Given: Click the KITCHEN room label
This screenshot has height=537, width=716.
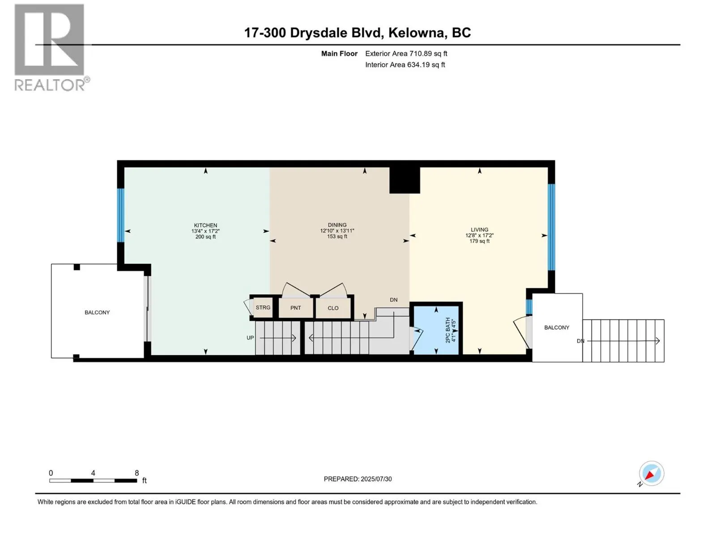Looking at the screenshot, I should coord(205,226).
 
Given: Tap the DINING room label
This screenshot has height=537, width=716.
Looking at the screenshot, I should coord(337,225).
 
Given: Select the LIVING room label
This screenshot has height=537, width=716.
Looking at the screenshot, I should coord(479,230).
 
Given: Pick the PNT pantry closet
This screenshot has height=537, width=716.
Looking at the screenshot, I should coord(295,308).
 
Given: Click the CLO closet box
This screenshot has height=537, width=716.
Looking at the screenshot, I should coord(333,308).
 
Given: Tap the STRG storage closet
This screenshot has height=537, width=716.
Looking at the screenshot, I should coord(263,307).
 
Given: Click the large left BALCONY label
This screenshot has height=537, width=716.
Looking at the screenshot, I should coord(97,312).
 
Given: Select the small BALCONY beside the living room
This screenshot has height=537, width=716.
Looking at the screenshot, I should coord(557,328).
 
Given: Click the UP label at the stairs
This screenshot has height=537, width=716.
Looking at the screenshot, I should coord(250,338).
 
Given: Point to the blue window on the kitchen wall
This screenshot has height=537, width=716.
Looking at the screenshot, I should coord(120,215).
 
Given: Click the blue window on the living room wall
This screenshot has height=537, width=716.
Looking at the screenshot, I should coord(551,227).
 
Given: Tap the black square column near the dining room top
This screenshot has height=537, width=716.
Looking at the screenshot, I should coord(405,180).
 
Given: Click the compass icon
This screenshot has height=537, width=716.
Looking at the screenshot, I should coord(651,473).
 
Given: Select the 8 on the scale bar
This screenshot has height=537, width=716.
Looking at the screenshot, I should coord(137,473).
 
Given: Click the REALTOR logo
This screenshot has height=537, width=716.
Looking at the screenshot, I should coord(50,47).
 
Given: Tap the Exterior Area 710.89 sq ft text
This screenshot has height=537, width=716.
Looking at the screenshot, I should coord(406,54).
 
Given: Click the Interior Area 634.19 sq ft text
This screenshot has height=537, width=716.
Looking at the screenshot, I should coord(405,65).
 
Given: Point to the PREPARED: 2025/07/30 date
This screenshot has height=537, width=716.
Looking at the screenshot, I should coord(358,479).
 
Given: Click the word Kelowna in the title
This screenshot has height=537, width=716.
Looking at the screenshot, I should coord(417,33).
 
